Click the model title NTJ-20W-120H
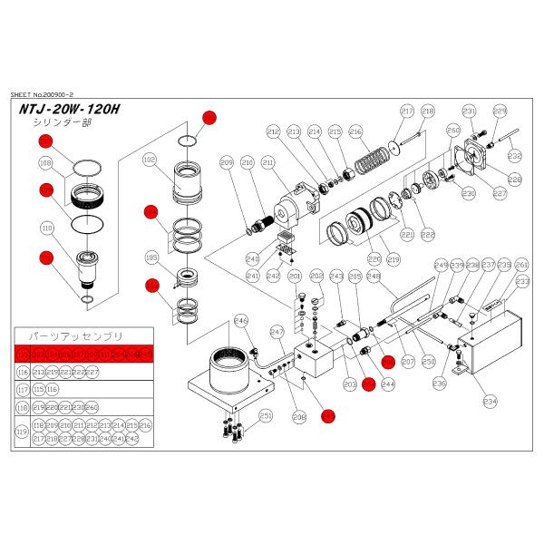[68, 110]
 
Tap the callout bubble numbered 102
[151, 159]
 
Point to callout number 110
[44, 228]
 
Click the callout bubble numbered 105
[151, 257]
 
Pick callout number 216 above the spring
[355, 131]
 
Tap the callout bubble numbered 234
[491, 400]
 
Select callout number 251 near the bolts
[266, 415]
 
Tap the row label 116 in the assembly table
[23, 372]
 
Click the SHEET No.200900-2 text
[53, 92]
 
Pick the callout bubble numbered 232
[514, 156]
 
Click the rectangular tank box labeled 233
[494, 340]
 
